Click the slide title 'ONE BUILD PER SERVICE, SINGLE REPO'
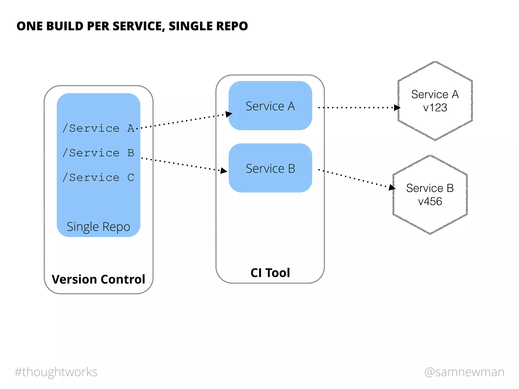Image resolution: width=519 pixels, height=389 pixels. click(x=132, y=26)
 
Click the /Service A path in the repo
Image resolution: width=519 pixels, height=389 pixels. click(x=98, y=128)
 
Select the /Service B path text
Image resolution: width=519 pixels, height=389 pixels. click(x=98, y=153)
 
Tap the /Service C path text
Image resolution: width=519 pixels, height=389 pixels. click(x=98, y=178)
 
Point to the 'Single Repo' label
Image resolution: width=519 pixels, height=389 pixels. click(x=98, y=227)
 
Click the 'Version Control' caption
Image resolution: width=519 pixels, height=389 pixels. click(x=98, y=279)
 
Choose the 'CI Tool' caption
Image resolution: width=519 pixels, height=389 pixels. click(x=270, y=273)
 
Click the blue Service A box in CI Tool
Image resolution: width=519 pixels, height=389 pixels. click(x=270, y=106)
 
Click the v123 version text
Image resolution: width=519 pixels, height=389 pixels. click(x=435, y=108)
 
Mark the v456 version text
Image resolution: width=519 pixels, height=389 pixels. click(x=430, y=202)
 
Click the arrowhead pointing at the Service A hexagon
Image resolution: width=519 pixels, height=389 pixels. click(x=397, y=108)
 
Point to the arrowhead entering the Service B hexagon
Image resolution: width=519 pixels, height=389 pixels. click(x=392, y=187)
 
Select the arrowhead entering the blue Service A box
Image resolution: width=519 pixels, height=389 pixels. click(x=229, y=114)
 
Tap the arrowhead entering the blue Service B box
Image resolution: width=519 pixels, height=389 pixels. click(x=224, y=171)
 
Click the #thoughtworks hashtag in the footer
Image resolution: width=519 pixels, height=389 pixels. click(x=56, y=372)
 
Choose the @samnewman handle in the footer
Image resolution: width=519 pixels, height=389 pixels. click(x=464, y=372)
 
